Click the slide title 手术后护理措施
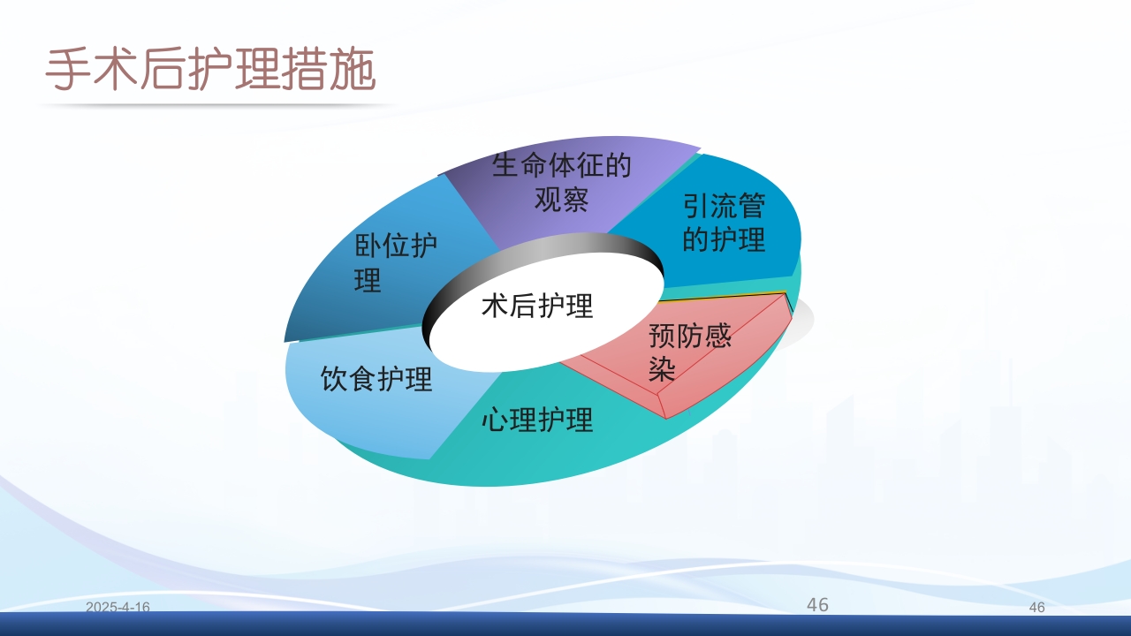210,72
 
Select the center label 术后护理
537,306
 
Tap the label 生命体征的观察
562,182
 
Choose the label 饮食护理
376,379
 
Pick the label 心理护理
537,420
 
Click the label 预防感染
690,352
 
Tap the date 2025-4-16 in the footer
118,607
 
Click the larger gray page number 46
817,604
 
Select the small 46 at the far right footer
1037,608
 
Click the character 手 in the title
68,72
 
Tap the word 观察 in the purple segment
562,200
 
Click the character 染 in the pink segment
663,368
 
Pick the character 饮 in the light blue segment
334,379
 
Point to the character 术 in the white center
495,306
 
